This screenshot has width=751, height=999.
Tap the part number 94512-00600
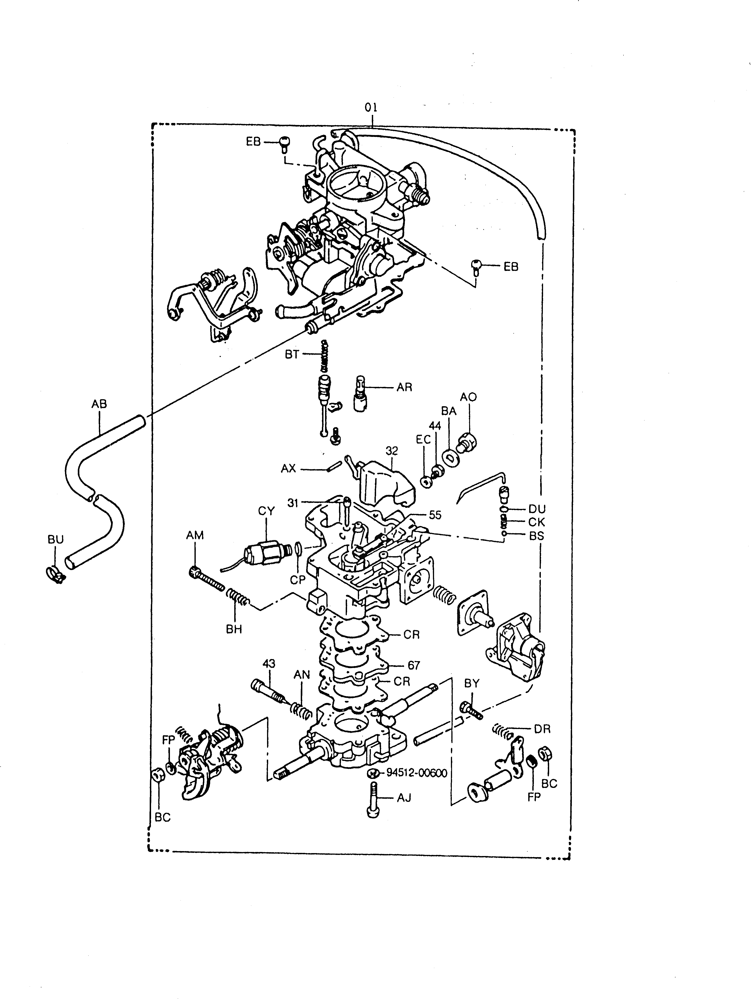pos(416,773)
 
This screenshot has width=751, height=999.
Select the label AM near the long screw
pos(195,535)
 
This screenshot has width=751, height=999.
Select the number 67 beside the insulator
pos(414,665)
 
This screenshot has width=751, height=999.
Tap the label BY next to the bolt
pos(471,684)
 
